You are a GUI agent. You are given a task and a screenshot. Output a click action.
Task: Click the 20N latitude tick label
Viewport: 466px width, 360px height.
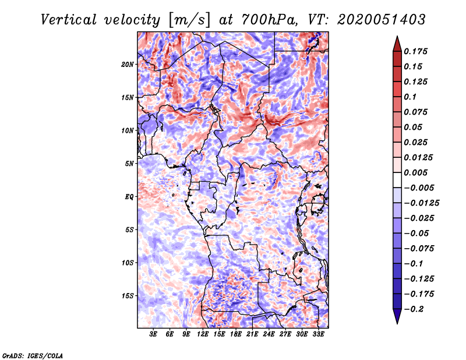coord(128,65)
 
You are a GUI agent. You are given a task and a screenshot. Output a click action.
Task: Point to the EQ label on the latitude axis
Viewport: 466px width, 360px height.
coord(129,197)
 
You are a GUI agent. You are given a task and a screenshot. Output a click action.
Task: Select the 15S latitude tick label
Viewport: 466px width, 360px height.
coord(128,296)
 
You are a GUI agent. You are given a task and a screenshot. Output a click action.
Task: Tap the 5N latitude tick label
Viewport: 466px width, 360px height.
coord(129,164)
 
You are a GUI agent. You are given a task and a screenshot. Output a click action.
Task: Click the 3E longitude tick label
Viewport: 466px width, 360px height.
coord(153,334)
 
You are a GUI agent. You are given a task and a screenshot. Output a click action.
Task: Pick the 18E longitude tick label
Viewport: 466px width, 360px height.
coord(236,334)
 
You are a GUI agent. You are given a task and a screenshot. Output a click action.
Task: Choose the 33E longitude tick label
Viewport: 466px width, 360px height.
coord(318,334)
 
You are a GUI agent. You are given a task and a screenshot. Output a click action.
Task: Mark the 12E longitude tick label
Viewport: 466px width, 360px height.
coord(203,334)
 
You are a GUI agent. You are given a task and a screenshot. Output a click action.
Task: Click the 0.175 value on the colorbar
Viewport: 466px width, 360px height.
coord(415,51)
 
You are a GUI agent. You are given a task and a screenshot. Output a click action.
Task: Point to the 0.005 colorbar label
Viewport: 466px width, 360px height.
coord(415,172)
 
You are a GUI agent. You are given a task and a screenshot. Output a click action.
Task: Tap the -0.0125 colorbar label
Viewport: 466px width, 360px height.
coord(421,203)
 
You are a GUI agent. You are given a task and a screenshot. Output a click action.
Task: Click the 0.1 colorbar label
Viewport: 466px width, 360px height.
coord(410,97)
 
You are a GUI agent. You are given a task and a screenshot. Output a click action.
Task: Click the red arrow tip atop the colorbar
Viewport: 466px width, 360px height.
coord(397,37)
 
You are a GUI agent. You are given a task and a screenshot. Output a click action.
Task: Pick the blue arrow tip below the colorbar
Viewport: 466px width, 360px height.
coord(397,323)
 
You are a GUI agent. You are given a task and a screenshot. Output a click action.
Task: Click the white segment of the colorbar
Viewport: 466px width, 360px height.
coord(397,180)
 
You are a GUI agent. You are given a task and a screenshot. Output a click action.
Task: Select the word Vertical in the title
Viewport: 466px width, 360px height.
coord(69,20)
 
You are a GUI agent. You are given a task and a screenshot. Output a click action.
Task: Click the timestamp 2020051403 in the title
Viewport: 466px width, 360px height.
coord(382,20)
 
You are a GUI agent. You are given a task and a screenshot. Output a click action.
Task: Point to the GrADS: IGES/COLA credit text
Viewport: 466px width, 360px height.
coord(33,355)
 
